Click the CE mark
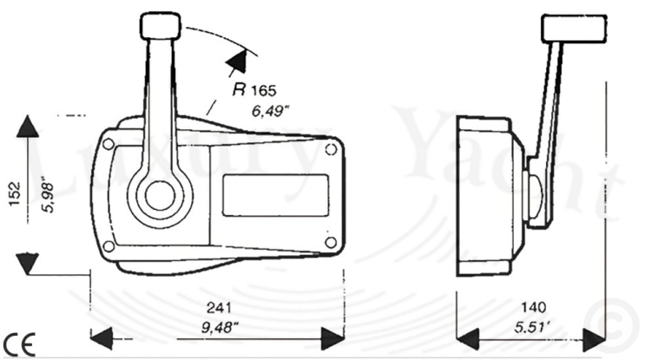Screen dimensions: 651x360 click(18, 344)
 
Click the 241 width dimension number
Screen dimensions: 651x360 click(219, 308)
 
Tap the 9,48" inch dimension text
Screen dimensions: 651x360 click(220, 328)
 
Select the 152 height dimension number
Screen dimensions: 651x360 click(14, 193)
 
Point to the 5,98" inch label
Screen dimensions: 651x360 click(48, 198)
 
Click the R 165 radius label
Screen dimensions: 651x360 click(254, 89)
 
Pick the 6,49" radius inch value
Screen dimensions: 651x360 click(270, 111)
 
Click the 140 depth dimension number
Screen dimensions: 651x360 click(534, 307)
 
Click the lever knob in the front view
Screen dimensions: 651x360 click(161, 26)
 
